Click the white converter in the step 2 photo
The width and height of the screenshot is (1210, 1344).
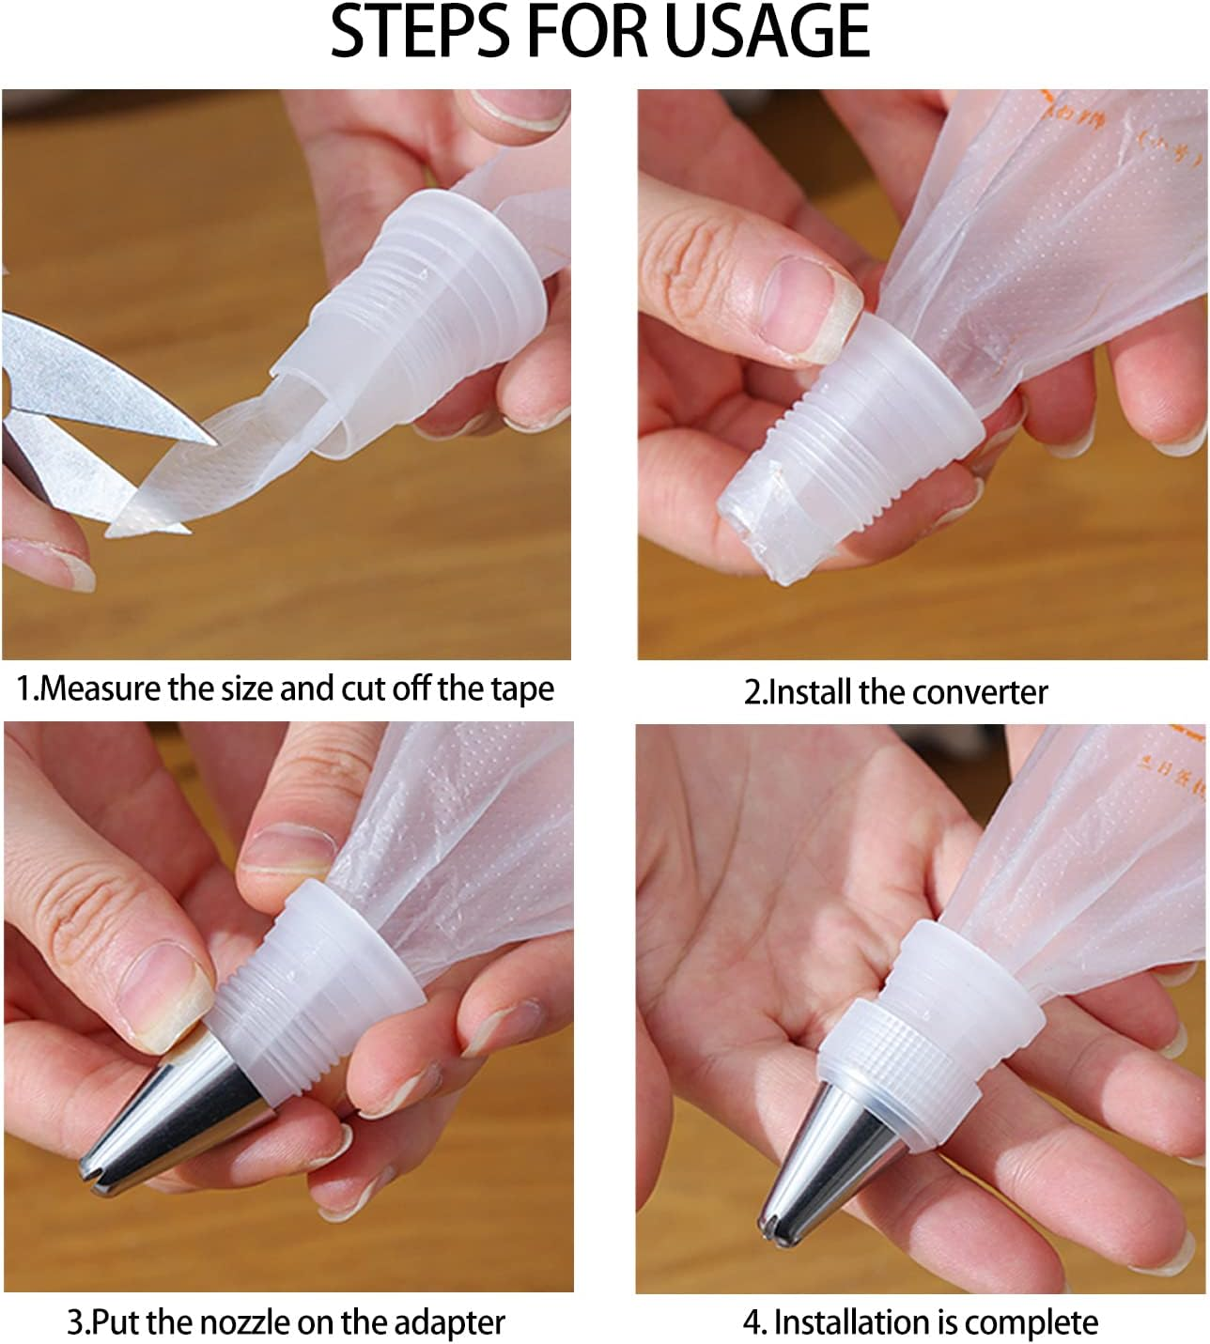845,451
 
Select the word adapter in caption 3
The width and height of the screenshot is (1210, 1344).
451,1323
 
